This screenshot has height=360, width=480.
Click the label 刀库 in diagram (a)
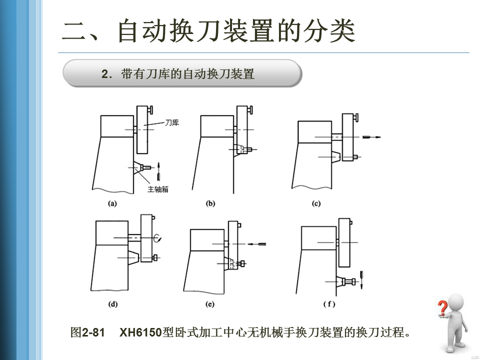tap(172, 123)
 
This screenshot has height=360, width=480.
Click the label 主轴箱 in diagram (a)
tap(158, 189)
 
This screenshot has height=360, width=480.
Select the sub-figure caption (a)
tap(112, 203)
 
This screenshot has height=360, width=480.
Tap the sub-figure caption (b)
tap(210, 203)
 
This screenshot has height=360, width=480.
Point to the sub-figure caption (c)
tap(316, 203)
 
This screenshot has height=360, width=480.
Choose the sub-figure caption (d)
tap(112, 303)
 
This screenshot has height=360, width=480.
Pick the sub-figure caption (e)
tap(210, 303)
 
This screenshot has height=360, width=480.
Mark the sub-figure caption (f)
tap(329, 303)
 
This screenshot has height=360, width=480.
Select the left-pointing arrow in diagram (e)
tap(258, 243)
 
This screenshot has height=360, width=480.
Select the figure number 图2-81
tap(87, 332)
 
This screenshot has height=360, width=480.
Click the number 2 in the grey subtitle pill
tap(104, 74)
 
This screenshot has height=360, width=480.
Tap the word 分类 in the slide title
tap(329, 31)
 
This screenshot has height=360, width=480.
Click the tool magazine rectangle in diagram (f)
tap(343, 242)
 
